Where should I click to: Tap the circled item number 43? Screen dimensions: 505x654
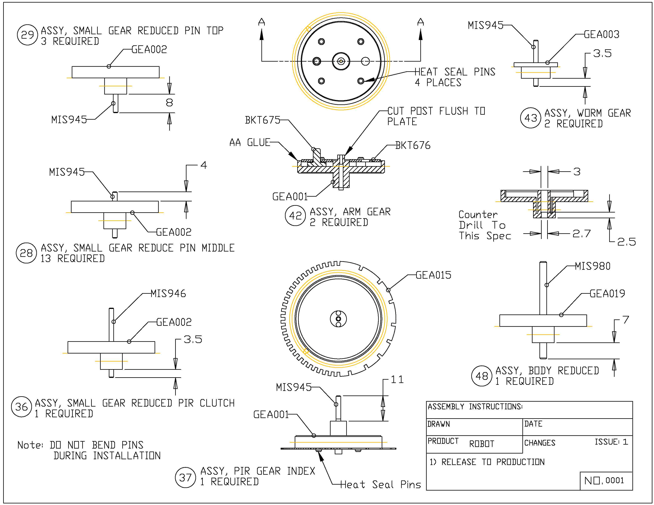point(530,118)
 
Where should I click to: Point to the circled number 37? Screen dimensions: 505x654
point(185,477)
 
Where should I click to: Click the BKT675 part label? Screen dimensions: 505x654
point(262,120)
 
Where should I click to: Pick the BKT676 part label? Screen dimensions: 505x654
point(413,145)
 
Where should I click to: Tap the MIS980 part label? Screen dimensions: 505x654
point(593,266)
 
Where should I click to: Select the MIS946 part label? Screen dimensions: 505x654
point(168,294)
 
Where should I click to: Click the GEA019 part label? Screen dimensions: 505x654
point(607,294)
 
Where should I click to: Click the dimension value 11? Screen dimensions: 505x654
point(397,380)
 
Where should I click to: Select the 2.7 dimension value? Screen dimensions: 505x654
point(581,234)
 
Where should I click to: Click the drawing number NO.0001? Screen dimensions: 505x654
point(604,480)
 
